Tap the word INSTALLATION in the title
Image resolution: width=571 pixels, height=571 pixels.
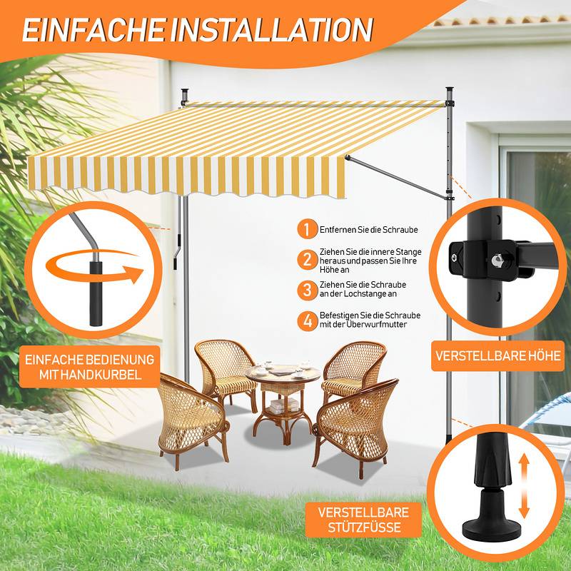tap(272, 29)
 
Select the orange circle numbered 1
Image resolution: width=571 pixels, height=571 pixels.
tap(308, 230)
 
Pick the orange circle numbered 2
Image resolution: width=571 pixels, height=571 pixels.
tap(308, 259)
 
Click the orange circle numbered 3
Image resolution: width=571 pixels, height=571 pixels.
tap(308, 290)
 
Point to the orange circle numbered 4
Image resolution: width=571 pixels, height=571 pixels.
tap(308, 320)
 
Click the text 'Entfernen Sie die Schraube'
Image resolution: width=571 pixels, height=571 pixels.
tap(368, 230)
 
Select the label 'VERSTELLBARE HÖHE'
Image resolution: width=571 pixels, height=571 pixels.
tap(498, 355)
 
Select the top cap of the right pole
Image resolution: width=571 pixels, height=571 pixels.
tap(450, 91)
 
